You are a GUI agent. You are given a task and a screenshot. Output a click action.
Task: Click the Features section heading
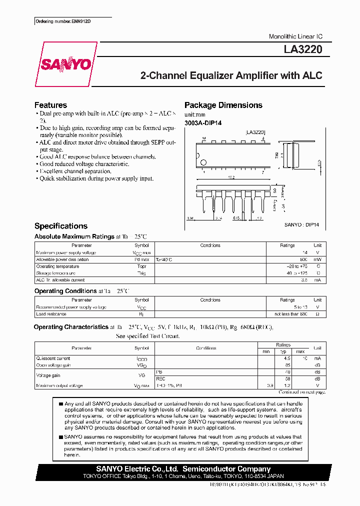coord(50,105)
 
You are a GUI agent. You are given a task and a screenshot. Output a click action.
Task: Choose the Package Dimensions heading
coord(223,105)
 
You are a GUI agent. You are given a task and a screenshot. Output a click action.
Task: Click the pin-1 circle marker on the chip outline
coord(203,162)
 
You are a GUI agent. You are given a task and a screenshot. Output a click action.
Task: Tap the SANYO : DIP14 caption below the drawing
coord(301,225)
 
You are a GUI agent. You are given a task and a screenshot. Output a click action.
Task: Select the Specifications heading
coord(60,226)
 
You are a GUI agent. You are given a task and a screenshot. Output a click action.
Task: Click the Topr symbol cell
coord(141,266)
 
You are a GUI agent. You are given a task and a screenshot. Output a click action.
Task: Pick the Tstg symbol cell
coord(141,273)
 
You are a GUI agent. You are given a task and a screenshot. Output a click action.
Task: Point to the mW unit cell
coord(317,259)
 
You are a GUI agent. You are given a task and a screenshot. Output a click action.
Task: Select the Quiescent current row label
coord(53,358)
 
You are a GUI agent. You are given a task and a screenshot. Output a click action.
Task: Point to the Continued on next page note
coord(302,392)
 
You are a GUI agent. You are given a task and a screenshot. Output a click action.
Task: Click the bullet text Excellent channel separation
coord(75,171)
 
